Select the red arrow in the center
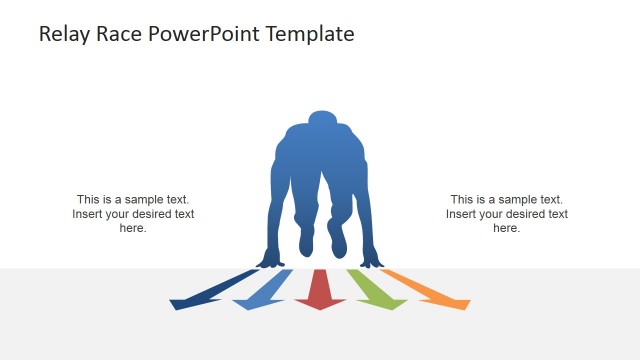321,291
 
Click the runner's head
320,122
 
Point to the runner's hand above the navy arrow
270,261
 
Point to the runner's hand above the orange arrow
371,261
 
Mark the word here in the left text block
133,228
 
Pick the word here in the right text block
507,228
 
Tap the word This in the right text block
463,200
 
